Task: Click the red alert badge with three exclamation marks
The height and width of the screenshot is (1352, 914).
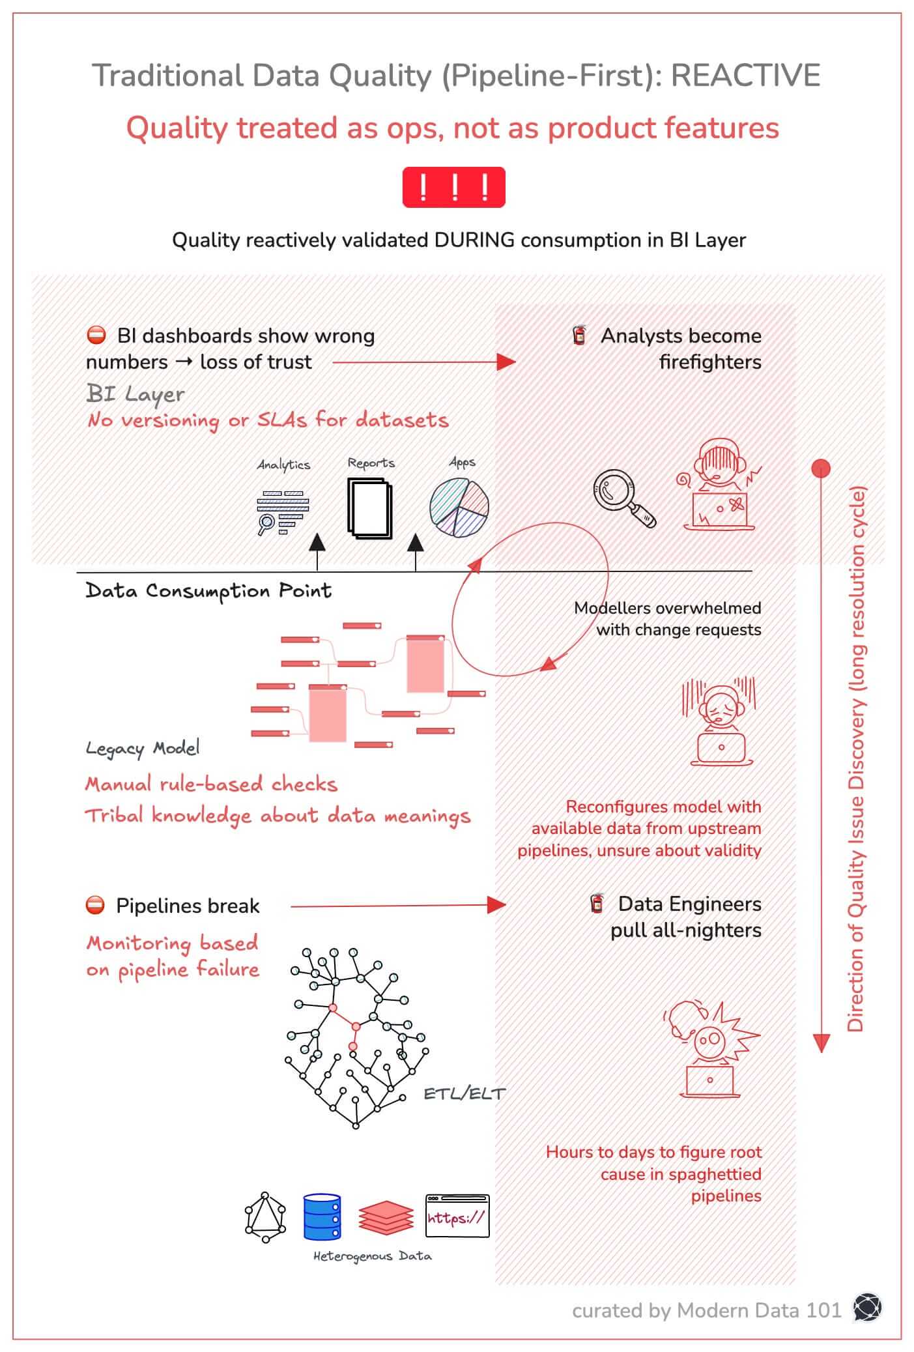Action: click(x=453, y=187)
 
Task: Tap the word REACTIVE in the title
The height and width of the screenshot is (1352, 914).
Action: click(x=745, y=76)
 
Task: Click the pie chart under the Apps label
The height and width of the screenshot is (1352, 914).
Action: click(x=459, y=508)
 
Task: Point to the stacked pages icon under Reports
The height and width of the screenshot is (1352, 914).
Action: click(x=370, y=508)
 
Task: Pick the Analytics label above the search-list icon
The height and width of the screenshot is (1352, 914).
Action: click(x=283, y=465)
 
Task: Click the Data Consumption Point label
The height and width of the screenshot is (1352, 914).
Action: click(x=208, y=591)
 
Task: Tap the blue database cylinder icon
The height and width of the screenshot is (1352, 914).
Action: click(x=322, y=1216)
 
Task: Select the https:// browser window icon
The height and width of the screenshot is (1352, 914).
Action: click(x=457, y=1216)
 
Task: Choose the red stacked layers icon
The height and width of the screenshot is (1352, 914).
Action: click(x=386, y=1217)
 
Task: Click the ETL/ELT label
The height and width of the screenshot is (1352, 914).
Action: click(x=464, y=1093)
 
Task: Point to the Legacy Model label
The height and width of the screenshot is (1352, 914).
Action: click(x=143, y=748)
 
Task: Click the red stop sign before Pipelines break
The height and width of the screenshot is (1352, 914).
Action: click(x=95, y=905)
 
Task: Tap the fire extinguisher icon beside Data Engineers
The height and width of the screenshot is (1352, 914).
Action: click(x=596, y=904)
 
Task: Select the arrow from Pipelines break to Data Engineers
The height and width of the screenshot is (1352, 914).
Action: click(x=397, y=905)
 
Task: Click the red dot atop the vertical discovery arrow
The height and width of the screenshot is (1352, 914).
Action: click(x=821, y=468)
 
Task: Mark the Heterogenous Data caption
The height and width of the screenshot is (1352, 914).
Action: click(x=372, y=1256)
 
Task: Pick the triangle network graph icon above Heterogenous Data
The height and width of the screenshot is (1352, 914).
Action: click(x=265, y=1216)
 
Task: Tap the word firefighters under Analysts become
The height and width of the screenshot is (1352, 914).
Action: click(x=709, y=362)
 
